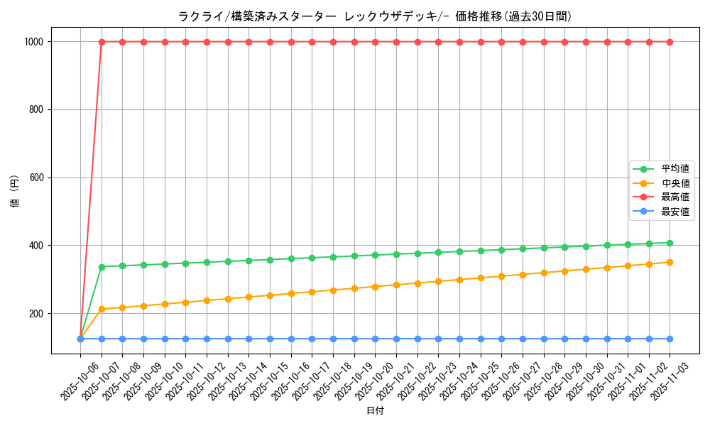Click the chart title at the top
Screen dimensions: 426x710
pyautogui.click(x=374, y=16)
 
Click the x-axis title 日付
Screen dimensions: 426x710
pyautogui.click(x=374, y=411)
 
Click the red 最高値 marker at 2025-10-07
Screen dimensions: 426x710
pyautogui.click(x=102, y=42)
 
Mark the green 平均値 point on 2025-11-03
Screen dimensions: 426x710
pyautogui.click(x=670, y=243)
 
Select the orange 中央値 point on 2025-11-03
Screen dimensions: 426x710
pyautogui.click(x=670, y=263)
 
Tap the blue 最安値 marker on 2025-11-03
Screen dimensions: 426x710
pyautogui.click(x=670, y=339)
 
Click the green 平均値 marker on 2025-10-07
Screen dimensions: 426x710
pyautogui.click(x=102, y=267)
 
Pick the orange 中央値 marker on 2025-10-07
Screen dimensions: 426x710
pyautogui.click(x=102, y=309)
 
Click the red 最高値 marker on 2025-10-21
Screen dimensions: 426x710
pyautogui.click(x=396, y=42)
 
